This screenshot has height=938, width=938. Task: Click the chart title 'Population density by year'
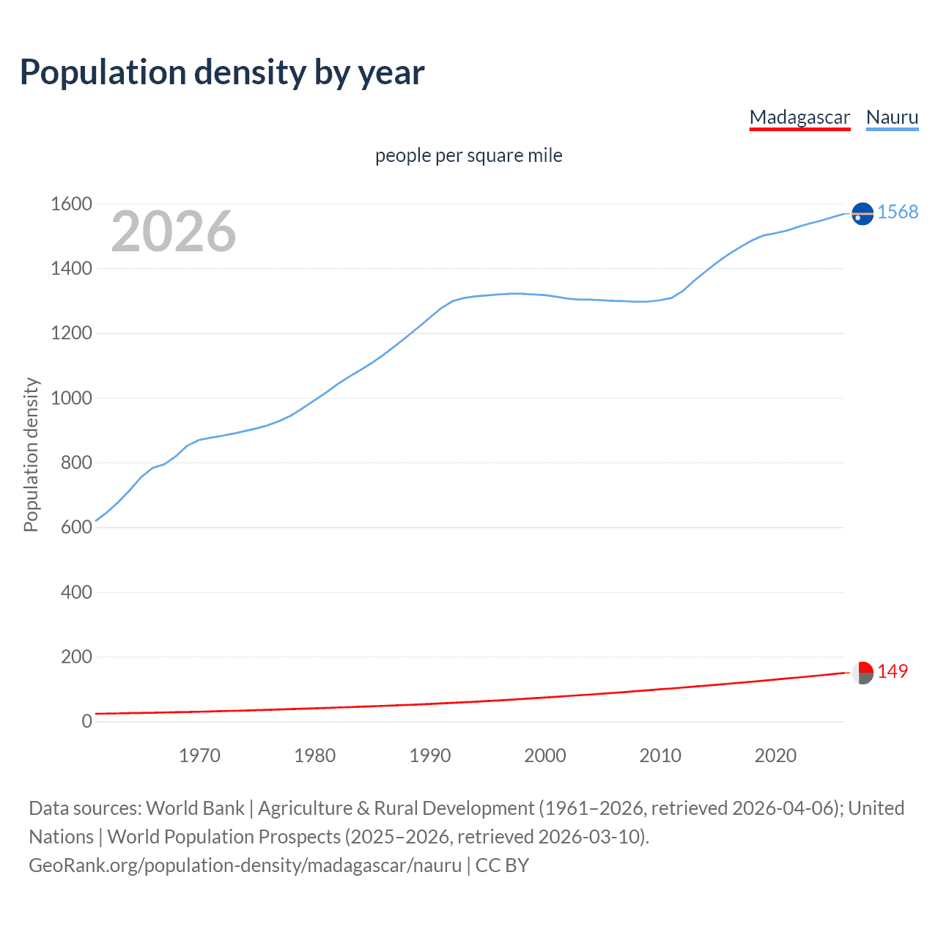(x=222, y=73)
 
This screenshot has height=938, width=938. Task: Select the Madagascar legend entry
(x=799, y=117)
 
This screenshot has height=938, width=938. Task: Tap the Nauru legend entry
(x=892, y=117)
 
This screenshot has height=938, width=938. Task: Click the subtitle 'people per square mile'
(x=468, y=156)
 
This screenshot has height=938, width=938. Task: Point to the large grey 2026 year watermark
(x=174, y=232)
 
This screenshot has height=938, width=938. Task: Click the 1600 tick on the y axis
(x=71, y=204)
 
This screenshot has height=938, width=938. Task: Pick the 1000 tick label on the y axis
(x=71, y=399)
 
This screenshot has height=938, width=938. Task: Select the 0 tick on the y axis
(x=86, y=722)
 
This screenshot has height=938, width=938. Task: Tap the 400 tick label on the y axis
(x=76, y=592)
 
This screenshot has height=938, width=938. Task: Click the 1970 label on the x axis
(x=199, y=756)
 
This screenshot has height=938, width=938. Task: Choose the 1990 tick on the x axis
(x=430, y=756)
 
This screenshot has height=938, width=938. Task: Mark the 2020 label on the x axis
(x=775, y=756)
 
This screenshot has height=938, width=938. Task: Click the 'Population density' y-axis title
(x=31, y=454)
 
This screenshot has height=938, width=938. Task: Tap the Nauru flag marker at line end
(x=863, y=213)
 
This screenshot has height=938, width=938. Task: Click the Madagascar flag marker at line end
(x=863, y=673)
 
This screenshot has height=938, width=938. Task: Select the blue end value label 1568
(x=897, y=213)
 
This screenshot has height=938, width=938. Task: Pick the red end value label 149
(x=893, y=672)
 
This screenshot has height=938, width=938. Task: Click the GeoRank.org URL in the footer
(x=245, y=865)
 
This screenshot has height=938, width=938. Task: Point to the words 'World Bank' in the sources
(x=195, y=808)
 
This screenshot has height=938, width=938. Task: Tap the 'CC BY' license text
(x=502, y=865)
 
